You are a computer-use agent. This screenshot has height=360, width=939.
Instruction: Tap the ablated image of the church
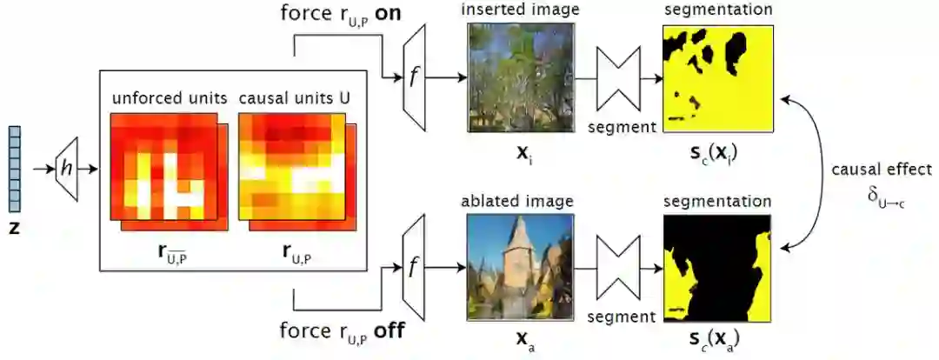521,264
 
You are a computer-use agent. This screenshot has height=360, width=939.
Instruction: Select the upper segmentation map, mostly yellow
717,78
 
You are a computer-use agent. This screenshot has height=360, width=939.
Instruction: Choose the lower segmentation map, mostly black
717,266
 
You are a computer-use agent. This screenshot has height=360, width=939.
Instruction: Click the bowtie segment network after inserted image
621,77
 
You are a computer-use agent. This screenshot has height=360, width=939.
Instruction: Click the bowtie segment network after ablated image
621,264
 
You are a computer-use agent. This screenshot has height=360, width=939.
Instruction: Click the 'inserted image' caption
520,11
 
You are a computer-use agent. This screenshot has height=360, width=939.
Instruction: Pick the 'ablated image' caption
520,201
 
